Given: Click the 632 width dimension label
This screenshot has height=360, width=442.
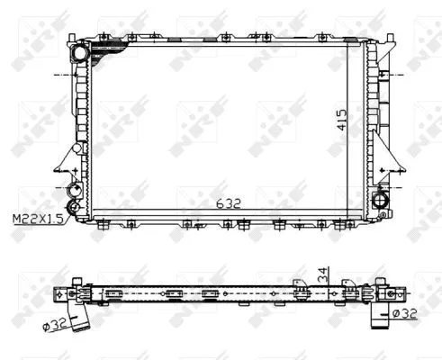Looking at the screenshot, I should click(230, 203).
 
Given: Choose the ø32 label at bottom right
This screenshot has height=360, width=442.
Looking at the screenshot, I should click(404, 313).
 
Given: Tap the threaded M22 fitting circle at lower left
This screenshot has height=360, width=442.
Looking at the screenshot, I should click(75, 190).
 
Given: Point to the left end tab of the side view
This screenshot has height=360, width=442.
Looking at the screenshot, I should click(59, 295).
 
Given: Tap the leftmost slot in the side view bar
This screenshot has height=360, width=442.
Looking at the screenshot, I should click(113, 294).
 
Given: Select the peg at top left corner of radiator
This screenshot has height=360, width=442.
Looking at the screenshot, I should click(68, 38).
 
